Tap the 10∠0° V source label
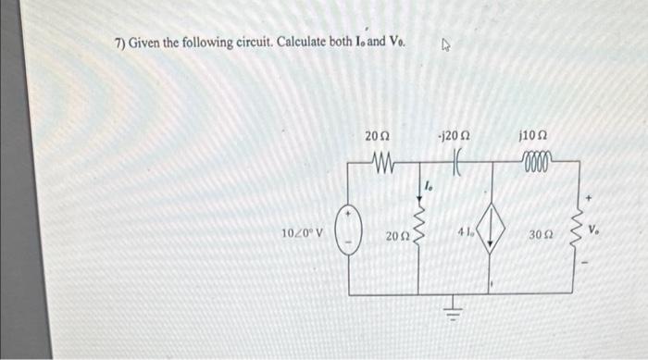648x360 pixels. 302,231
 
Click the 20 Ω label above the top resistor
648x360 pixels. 377,138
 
